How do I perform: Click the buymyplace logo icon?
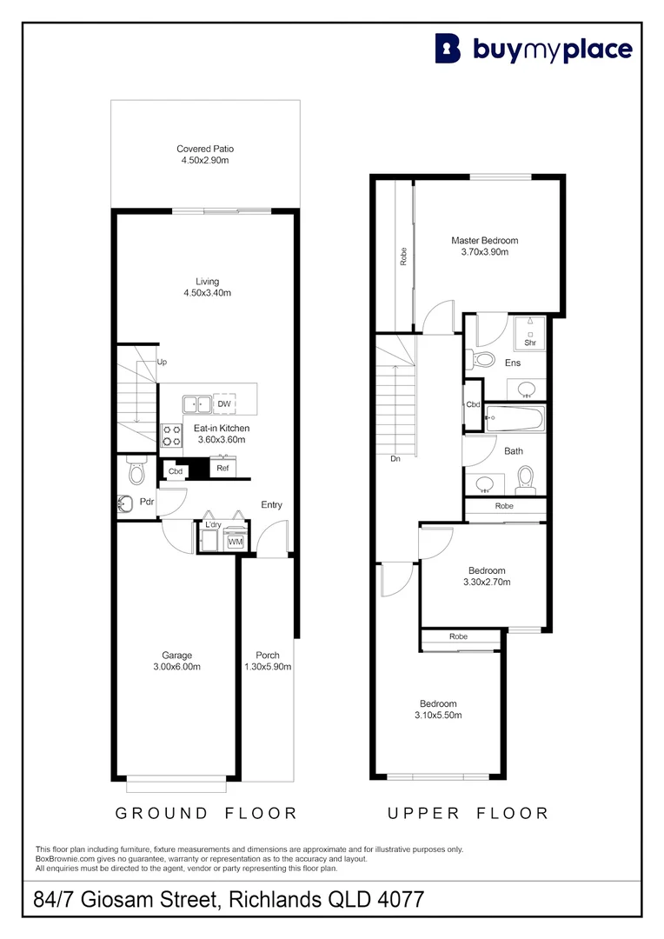pyautogui.click(x=448, y=49)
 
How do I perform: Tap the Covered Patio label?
pyautogui.click(x=205, y=149)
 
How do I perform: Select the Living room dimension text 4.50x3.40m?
pyautogui.click(x=207, y=293)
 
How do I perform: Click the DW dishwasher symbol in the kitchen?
pyautogui.click(x=223, y=404)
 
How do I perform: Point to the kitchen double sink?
pyautogui.click(x=196, y=404)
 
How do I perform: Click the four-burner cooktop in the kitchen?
pyautogui.click(x=170, y=435)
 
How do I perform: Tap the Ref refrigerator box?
pyautogui.click(x=222, y=469)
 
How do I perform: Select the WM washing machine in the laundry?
pyautogui.click(x=235, y=542)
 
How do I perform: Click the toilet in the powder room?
pyautogui.click(x=135, y=471)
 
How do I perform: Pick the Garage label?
pyautogui.click(x=176, y=656)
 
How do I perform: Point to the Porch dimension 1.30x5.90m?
pyautogui.click(x=268, y=667)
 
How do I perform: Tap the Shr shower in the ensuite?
pyautogui.click(x=529, y=336)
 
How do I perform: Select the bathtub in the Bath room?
pyautogui.click(x=514, y=420)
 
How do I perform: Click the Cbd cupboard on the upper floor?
pyautogui.click(x=473, y=405)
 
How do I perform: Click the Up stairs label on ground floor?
pyautogui.click(x=162, y=362)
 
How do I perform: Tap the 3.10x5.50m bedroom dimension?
pyautogui.click(x=438, y=716)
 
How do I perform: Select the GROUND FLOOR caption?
pyautogui.click(x=207, y=813)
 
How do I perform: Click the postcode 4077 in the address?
pyautogui.click(x=398, y=899)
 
